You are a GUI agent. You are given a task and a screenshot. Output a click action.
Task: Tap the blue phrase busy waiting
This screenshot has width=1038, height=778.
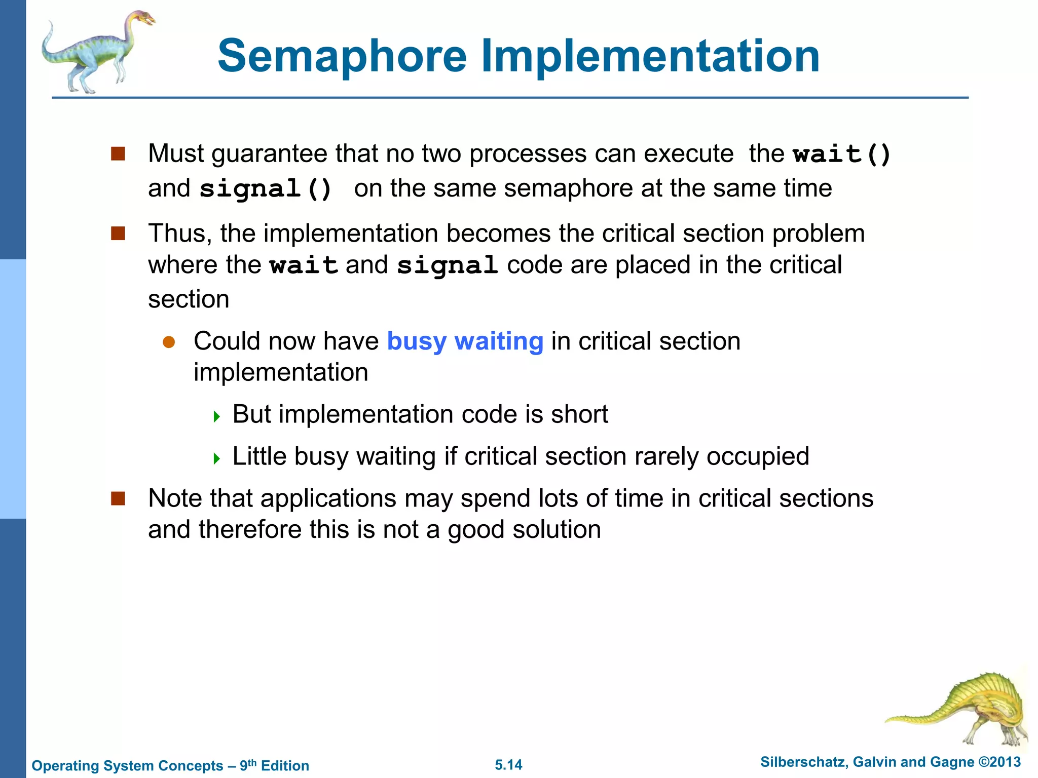click(x=465, y=341)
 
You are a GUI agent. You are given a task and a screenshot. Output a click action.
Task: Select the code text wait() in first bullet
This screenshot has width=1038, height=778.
click(x=842, y=154)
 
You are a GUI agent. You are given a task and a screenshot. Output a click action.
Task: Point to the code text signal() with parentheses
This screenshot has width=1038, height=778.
click(x=266, y=189)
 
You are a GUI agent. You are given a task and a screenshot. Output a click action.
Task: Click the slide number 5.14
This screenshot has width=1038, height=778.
click(x=508, y=765)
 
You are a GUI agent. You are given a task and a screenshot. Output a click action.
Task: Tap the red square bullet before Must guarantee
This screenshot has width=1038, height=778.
click(x=118, y=153)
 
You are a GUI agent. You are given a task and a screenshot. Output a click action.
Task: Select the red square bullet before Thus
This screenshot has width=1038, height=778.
click(x=118, y=234)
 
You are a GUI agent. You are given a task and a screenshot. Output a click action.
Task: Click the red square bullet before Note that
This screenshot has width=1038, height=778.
click(x=118, y=498)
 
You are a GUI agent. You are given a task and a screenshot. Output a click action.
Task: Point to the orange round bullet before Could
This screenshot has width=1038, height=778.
click(x=169, y=342)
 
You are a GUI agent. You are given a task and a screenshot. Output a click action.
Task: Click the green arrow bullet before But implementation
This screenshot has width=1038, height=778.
click(x=217, y=417)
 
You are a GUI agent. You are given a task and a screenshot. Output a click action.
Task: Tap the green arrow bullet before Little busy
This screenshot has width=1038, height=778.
click(x=217, y=459)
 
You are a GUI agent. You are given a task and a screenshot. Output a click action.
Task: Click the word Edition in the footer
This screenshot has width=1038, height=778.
click(x=285, y=766)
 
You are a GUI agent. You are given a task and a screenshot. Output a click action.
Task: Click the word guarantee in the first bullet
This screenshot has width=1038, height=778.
click(x=269, y=154)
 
